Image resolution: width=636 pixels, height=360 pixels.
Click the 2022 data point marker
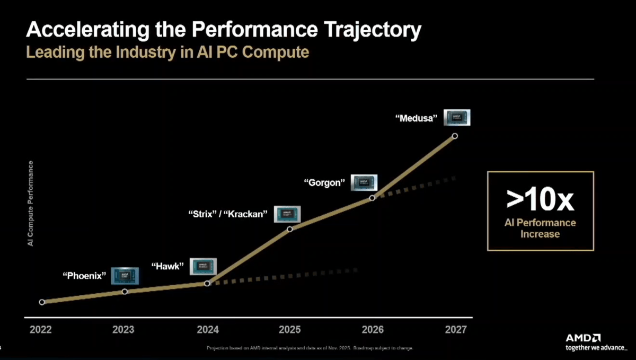click(x=42, y=302)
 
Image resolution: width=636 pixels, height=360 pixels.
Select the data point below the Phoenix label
click(x=125, y=291)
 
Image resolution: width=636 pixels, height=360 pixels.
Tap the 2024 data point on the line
click(x=207, y=283)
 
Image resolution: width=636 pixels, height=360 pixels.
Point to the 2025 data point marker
click(x=290, y=229)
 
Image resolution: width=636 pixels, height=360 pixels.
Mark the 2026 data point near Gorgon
click(x=372, y=197)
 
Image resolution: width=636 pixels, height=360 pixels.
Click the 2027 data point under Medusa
click(x=455, y=136)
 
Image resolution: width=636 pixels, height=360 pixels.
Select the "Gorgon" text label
click(x=324, y=183)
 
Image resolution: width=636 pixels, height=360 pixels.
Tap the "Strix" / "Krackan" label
click(x=228, y=215)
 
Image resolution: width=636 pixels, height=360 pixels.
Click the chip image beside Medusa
click(x=457, y=117)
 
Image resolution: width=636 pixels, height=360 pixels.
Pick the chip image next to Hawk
click(x=204, y=266)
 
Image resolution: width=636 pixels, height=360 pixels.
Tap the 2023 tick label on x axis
click(x=123, y=330)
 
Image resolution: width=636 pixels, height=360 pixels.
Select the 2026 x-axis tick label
click(x=373, y=330)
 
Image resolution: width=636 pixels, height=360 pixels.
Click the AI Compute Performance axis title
click(x=30, y=203)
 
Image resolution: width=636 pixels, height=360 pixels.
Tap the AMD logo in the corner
click(x=583, y=338)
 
